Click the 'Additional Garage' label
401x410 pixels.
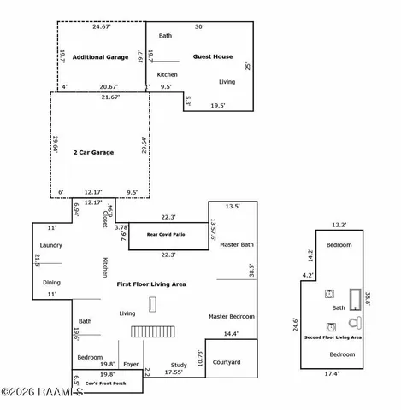[x=100, y=57]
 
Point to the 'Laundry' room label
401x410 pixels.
[x=51, y=245]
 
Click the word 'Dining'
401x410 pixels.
[x=52, y=282]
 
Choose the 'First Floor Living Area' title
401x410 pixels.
[x=151, y=284]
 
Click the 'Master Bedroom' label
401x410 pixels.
[x=231, y=316]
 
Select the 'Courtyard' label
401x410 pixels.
[x=227, y=362]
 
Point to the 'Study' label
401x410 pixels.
[x=178, y=365]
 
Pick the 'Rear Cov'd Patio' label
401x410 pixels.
[x=166, y=233]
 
